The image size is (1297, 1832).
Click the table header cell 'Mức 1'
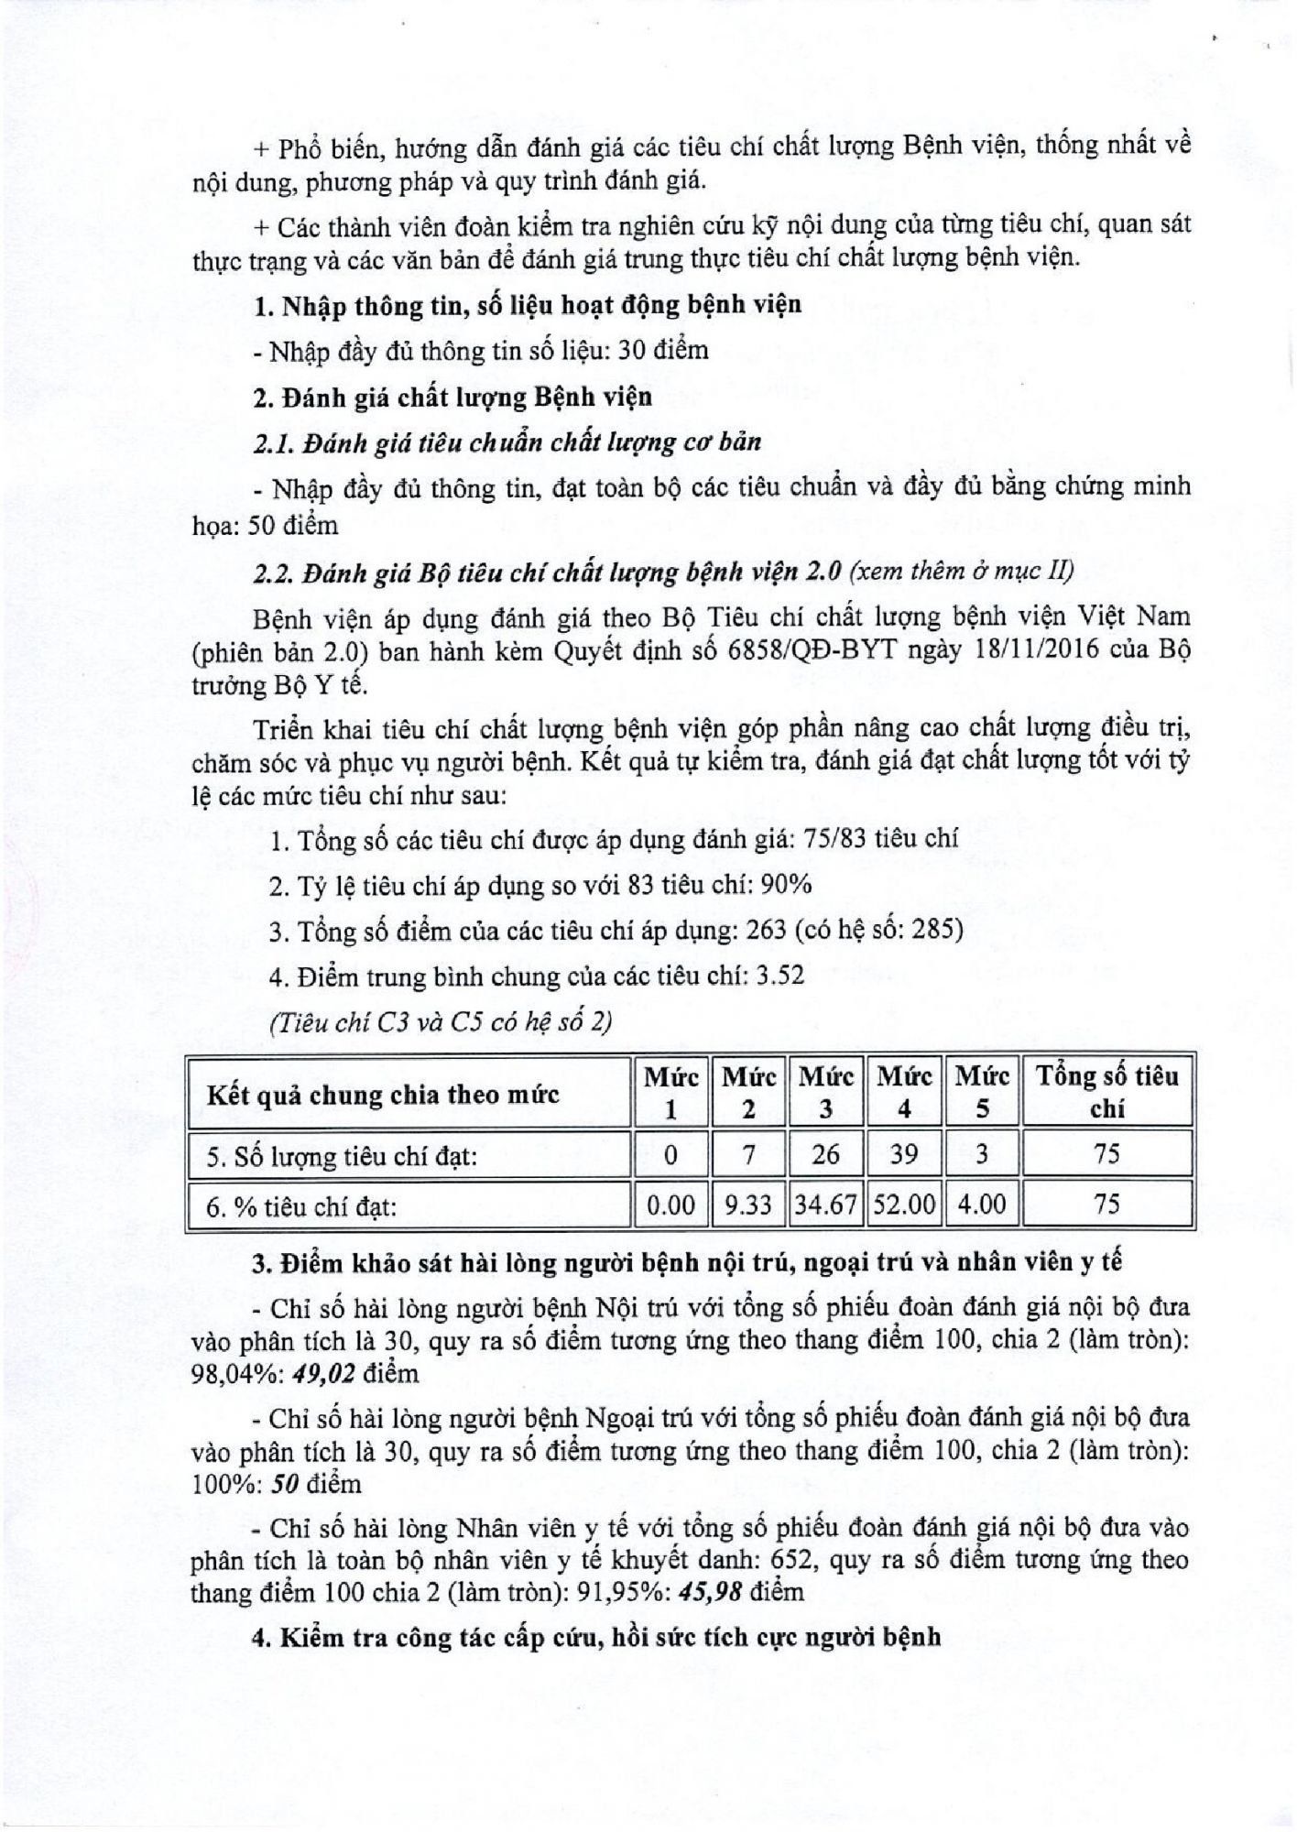click(x=670, y=1092)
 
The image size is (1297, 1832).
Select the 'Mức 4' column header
click(x=904, y=1092)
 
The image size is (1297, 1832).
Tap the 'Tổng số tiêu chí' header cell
click(x=1106, y=1092)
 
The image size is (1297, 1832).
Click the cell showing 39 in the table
click(x=904, y=1154)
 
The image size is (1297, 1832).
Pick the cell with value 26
click(x=825, y=1154)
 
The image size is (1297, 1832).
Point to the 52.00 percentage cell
click(x=904, y=1205)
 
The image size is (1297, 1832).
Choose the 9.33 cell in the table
click(x=748, y=1205)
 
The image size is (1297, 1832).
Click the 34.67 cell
click(x=825, y=1205)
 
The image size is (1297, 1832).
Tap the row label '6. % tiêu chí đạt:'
click(x=302, y=1206)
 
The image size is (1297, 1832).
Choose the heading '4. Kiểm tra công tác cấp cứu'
click(x=595, y=1637)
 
